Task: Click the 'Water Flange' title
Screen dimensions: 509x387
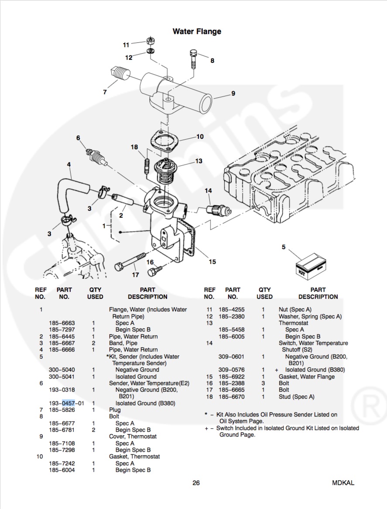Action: coord(197,31)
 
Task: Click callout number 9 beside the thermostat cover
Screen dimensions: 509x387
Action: coord(233,93)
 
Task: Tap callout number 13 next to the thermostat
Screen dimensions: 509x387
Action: coord(199,161)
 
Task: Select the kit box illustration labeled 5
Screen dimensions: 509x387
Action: coord(309,263)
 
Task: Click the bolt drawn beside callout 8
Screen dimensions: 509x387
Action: coord(194,59)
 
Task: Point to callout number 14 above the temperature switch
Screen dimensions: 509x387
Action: coord(209,191)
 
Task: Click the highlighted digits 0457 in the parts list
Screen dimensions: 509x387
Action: coord(68,403)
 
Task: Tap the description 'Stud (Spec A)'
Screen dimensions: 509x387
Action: coord(296,397)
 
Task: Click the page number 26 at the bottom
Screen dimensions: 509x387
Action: coord(196,483)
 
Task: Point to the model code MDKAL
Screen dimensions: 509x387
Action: coord(343,483)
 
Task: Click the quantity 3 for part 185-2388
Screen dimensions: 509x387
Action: coord(263,383)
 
